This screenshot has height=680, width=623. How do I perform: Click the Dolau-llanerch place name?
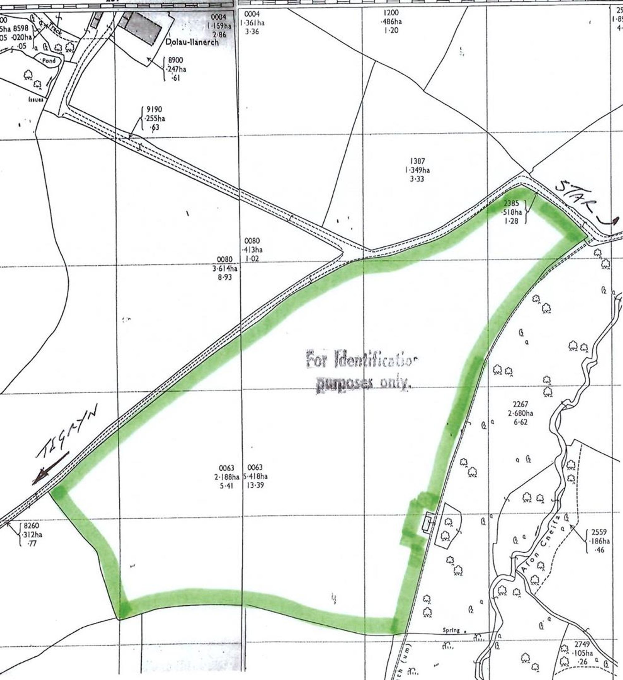point(192,42)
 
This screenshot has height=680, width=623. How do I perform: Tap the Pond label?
point(49,61)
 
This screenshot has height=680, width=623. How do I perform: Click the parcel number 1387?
point(417,161)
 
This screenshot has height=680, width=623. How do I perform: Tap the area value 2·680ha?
point(521,413)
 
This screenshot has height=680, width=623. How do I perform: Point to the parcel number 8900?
point(175,60)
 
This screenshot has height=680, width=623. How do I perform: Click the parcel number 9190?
point(154,109)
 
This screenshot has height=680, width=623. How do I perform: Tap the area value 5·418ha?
point(255,476)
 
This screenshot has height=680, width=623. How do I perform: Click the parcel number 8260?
point(31,526)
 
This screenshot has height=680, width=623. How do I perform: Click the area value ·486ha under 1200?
point(391,21)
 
